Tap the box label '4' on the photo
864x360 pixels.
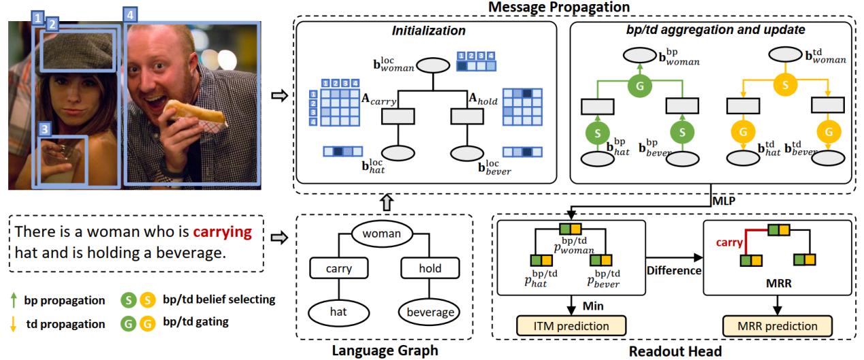click(129, 13)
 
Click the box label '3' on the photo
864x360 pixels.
click(44, 129)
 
